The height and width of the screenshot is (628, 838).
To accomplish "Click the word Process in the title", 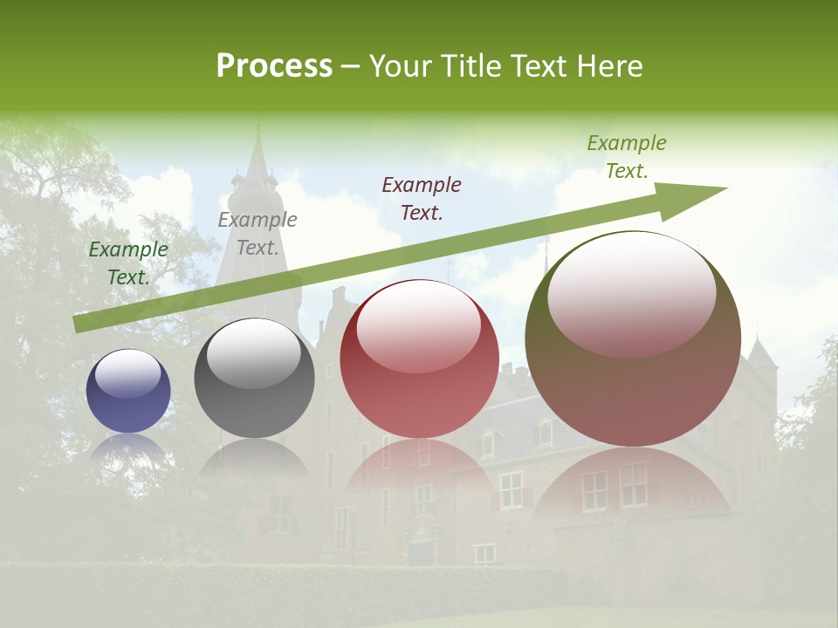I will point(274,66).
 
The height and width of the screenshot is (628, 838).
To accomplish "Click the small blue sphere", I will point(128,391).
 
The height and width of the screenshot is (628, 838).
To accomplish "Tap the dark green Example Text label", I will point(128,263).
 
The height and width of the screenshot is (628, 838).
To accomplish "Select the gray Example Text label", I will point(258,234).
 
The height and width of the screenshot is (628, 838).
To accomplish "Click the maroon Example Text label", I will point(422,198).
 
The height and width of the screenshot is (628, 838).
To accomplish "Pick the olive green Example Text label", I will point(627,157).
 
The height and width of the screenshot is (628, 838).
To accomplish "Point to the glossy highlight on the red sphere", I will point(419,326).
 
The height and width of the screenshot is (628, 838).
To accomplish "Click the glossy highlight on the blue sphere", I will point(127,373).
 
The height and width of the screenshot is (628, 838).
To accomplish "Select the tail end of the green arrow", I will point(79,324).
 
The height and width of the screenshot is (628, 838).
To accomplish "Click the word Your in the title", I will point(397,66).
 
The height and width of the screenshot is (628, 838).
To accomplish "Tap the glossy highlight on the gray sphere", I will point(253,352).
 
